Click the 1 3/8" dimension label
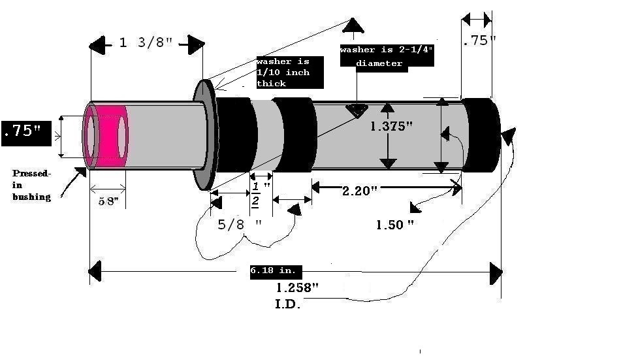coord(146,44)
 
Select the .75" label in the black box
coord(23,131)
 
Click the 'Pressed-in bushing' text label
coord(31,185)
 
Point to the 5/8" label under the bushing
coord(108,202)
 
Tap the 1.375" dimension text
coord(392,127)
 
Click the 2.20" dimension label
coord(360,191)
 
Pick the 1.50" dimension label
coord(395,225)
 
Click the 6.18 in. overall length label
coord(273,270)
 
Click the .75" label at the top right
coord(479,41)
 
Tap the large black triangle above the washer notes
coord(353,25)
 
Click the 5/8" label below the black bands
coord(239,223)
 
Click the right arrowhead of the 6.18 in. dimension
coord(496,270)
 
